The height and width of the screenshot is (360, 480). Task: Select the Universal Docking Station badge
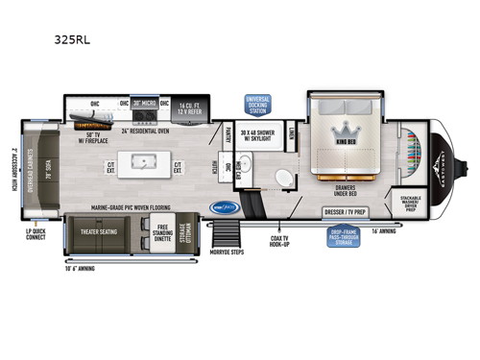(258, 105)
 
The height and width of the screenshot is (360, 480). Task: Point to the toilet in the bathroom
(257, 180)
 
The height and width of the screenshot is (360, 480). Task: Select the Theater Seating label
(97, 229)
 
